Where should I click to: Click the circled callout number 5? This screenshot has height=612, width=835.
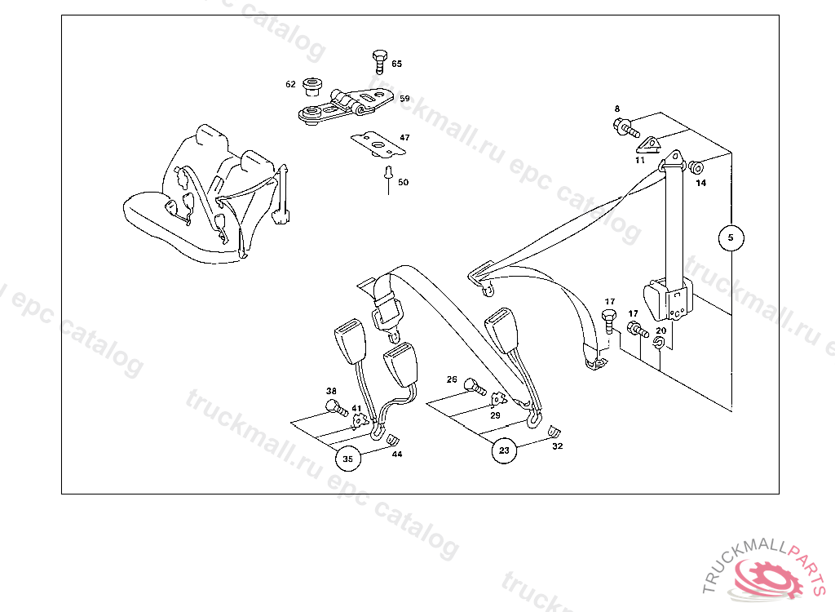click(731, 237)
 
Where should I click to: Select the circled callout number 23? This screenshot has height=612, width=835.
click(504, 450)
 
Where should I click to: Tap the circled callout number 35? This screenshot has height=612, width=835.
click(347, 459)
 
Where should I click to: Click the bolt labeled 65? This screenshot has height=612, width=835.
click(380, 62)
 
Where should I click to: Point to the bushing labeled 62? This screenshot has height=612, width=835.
click(311, 86)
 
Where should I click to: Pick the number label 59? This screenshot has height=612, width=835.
click(404, 99)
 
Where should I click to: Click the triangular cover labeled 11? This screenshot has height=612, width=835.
click(647, 145)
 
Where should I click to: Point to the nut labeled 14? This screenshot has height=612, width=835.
click(696, 167)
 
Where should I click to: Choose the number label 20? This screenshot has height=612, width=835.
click(660, 330)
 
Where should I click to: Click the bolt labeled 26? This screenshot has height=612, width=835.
click(475, 387)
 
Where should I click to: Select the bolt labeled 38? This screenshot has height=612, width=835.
click(337, 408)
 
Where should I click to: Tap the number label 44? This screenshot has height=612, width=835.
click(397, 455)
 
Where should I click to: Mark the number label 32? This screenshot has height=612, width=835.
click(558, 446)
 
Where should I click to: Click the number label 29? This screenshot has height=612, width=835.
click(495, 415)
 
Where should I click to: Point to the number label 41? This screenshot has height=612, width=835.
click(356, 408)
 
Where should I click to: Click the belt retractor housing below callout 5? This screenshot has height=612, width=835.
click(669, 299)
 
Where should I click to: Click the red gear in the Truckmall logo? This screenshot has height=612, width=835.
click(768, 578)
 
